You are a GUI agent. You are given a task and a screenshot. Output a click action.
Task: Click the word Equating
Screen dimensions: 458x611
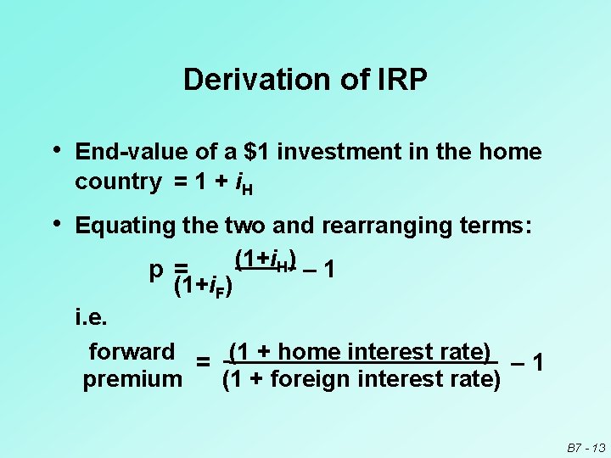pyautogui.click(x=125, y=226)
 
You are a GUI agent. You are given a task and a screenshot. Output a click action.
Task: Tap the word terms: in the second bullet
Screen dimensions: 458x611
pyautogui.click(x=496, y=226)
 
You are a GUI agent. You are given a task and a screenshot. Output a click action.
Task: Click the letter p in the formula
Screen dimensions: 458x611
pyautogui.click(x=155, y=270)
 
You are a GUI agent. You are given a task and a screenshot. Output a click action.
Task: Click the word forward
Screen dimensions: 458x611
pyautogui.click(x=132, y=351)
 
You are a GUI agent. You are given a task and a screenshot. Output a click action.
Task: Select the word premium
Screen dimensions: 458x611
pyautogui.click(x=132, y=378)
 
